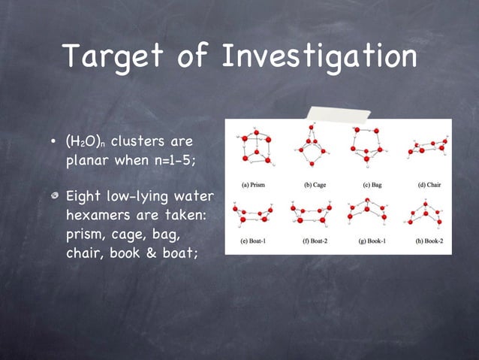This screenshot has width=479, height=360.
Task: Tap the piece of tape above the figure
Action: pos(337,116)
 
